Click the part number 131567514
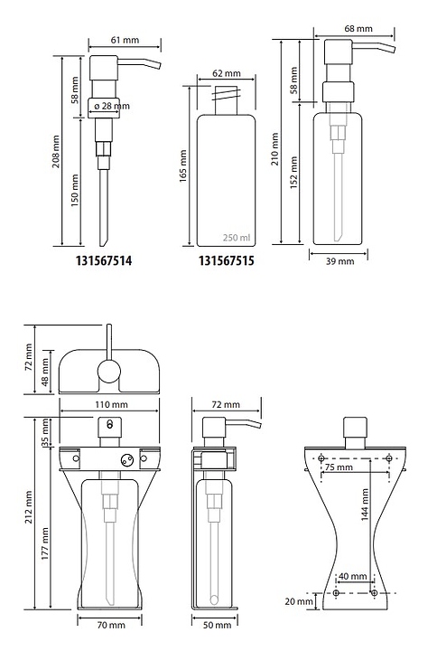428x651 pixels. pyautogui.click(x=104, y=260)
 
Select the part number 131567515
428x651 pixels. pyautogui.click(x=227, y=260)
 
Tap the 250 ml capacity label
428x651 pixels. pyautogui.click(x=237, y=238)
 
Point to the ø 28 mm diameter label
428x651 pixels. pyautogui.click(x=112, y=107)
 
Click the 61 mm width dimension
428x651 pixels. pyautogui.click(x=125, y=40)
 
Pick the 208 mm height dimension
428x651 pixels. pyautogui.click(x=56, y=151)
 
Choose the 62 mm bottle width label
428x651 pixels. pyautogui.click(x=227, y=73)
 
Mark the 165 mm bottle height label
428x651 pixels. pyautogui.click(x=183, y=166)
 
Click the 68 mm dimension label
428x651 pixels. pyautogui.click(x=358, y=29)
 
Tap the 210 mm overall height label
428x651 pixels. pyautogui.click(x=274, y=148)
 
